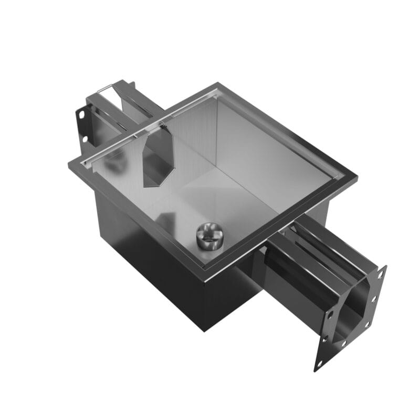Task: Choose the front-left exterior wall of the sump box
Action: [x=147, y=257]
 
